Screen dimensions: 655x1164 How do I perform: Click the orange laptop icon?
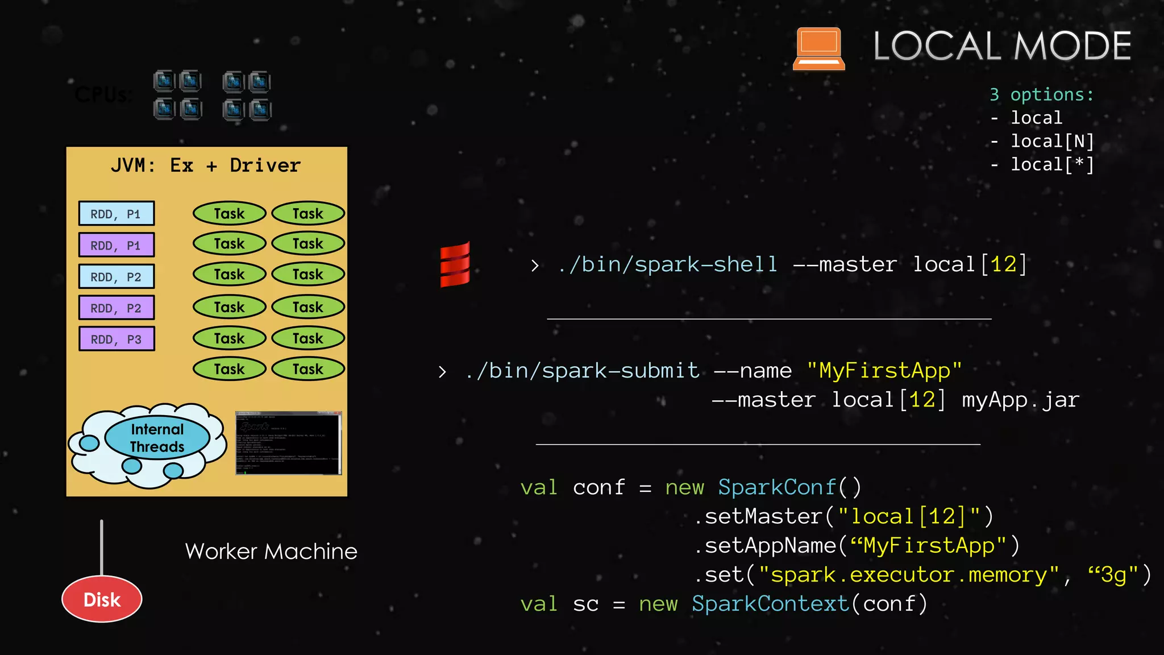point(818,49)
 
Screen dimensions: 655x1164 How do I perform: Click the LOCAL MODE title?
point(1002,46)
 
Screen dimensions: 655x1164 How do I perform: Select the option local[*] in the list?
point(1051,165)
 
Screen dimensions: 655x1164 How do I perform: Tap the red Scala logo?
point(455,264)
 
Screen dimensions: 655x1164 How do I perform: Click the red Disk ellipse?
point(102,599)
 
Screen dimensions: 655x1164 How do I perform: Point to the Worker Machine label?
point(271,552)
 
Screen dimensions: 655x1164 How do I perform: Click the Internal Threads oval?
point(157,438)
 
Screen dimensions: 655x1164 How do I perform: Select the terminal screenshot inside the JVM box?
point(288,443)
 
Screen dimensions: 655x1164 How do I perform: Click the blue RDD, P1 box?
point(117,214)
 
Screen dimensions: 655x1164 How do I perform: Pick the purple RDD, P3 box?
point(117,339)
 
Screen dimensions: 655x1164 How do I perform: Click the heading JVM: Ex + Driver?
point(206,165)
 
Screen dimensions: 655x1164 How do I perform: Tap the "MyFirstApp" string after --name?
point(884,371)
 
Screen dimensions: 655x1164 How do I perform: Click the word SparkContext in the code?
point(770,604)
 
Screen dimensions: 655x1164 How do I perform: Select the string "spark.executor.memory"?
point(909,575)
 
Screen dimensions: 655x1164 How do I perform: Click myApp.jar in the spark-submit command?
point(1020,400)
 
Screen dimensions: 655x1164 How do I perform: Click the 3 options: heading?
point(1041,94)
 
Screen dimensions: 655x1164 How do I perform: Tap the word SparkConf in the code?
point(777,487)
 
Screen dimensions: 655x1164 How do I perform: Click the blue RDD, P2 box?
point(117,277)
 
